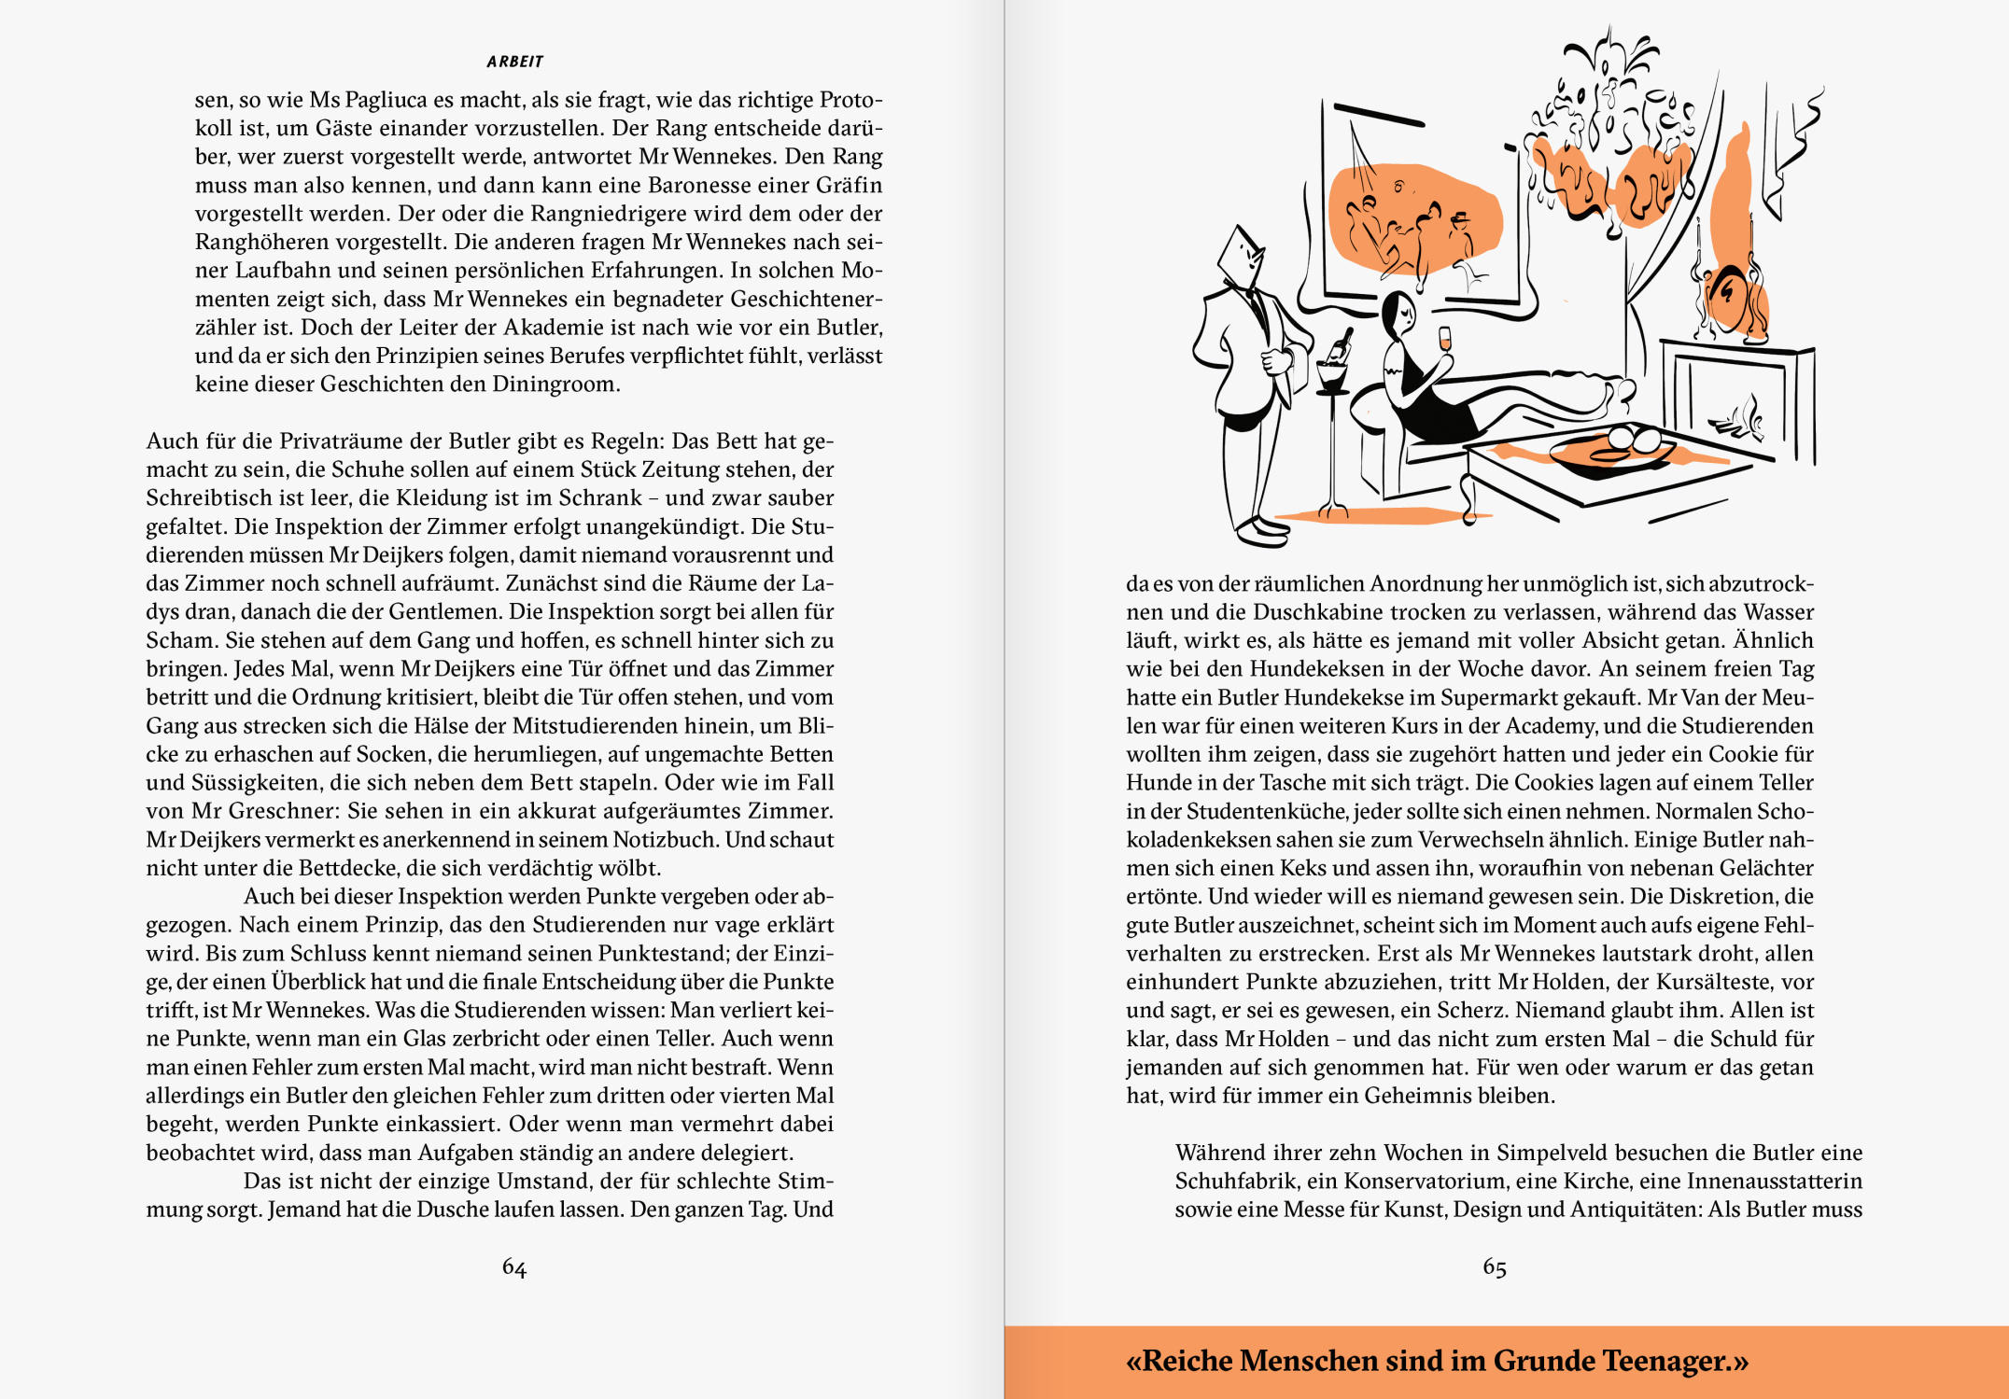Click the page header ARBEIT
coord(514,62)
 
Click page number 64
coord(514,1267)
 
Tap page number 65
coord(1495,1267)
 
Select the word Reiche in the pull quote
coord(1187,1361)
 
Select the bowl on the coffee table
coord(1613,452)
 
